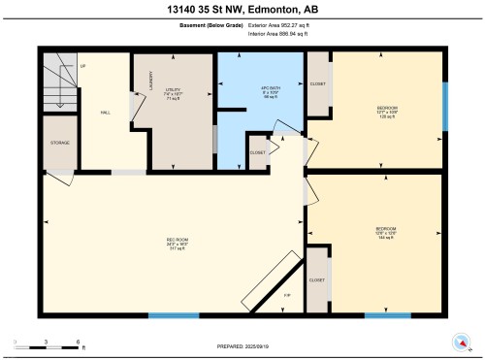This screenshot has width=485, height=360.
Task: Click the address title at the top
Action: (x=242, y=10)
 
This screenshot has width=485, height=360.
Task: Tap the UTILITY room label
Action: (x=174, y=93)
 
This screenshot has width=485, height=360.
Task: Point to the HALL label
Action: (x=104, y=113)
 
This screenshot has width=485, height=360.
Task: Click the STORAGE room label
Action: (x=59, y=144)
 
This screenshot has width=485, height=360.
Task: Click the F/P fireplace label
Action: (x=287, y=294)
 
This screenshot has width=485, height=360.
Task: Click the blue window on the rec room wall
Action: (x=174, y=315)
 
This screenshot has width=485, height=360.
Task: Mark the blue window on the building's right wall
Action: (x=445, y=106)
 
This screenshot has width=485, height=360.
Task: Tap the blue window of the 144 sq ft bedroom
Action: (x=387, y=315)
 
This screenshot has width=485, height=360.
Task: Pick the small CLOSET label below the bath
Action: (x=257, y=152)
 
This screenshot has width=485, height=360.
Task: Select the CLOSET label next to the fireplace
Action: (x=316, y=279)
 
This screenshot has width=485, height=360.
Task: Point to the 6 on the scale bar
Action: (x=79, y=343)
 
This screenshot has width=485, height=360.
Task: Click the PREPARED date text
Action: (x=242, y=346)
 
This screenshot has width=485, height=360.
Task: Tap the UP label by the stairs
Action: (x=83, y=66)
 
